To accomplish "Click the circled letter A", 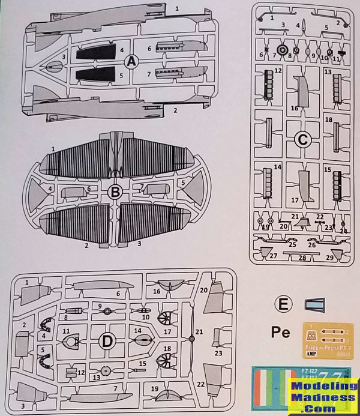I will [x=130, y=61].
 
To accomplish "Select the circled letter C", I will [x=302, y=140].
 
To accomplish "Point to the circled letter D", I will [x=106, y=342].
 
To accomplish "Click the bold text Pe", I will [x=281, y=332].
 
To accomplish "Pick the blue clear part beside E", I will [x=314, y=304].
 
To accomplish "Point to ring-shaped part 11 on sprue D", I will [x=71, y=343].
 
